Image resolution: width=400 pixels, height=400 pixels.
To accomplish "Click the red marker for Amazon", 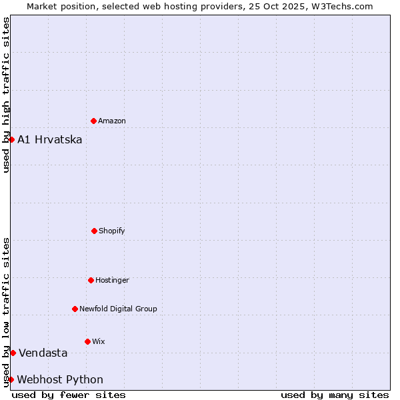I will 94,121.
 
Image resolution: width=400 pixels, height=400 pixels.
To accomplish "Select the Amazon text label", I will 112,121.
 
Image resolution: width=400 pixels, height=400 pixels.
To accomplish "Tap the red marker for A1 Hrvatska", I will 11,139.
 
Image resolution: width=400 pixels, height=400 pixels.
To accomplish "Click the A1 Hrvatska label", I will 50,139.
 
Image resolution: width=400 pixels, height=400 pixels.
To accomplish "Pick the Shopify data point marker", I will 94,231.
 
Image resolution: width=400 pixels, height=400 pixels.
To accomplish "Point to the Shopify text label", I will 112,231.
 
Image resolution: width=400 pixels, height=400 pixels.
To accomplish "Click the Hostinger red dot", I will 91,280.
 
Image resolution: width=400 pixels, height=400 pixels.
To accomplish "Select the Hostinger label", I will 112,281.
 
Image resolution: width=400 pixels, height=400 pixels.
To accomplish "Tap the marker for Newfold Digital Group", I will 75,309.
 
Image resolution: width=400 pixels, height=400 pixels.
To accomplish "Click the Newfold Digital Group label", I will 118,309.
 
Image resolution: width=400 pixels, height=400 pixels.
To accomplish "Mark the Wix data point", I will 87,341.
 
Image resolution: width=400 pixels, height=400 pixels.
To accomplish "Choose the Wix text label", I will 99,342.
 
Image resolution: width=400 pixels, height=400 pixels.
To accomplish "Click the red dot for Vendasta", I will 13,353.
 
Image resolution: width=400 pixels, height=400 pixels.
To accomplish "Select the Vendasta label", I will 43,353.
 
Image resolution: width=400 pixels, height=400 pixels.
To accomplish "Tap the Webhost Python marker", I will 11,379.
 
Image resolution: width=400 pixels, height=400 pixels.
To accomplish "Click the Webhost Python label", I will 60,380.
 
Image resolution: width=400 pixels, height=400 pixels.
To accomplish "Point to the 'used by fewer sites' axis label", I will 69,395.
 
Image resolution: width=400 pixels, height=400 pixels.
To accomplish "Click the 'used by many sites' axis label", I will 335,395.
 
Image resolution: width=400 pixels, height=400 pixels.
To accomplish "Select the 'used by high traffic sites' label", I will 6,95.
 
